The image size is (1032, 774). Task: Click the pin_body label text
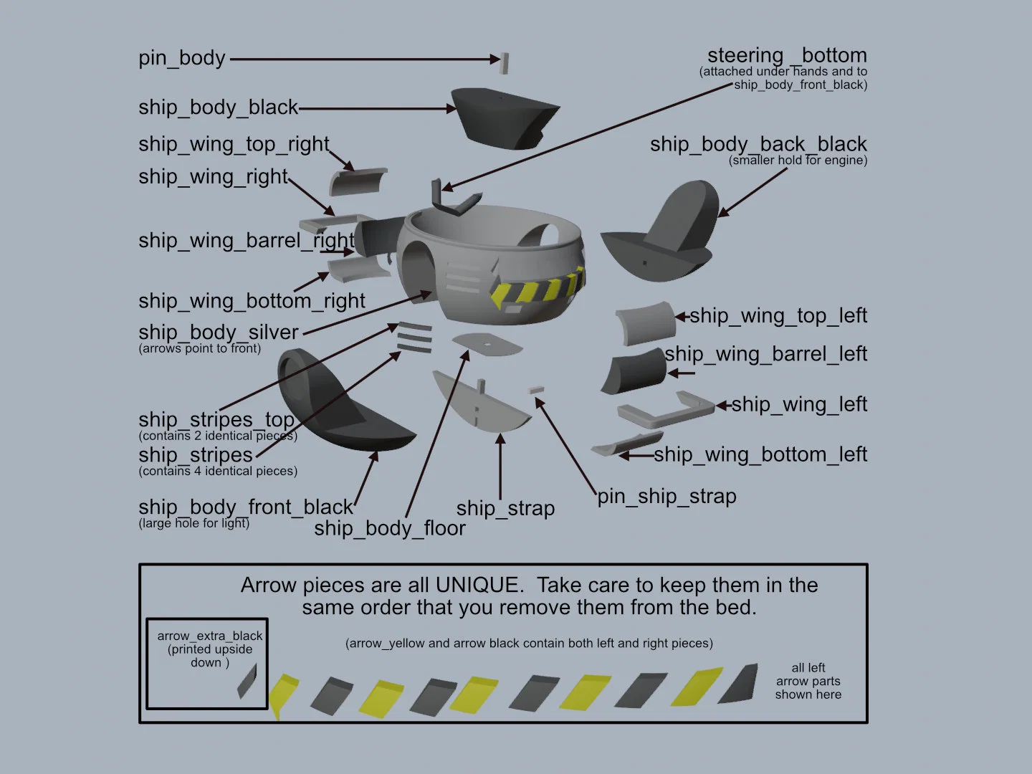click(x=181, y=58)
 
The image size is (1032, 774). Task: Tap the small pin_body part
click(x=504, y=64)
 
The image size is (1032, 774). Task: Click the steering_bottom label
click(x=787, y=55)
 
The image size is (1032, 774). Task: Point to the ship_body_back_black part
click(x=668, y=235)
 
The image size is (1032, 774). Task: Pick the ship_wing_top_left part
click(x=646, y=322)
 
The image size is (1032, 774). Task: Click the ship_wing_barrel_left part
click(x=635, y=371)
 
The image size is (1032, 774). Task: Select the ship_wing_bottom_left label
click(x=760, y=454)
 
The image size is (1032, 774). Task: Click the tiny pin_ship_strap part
click(x=536, y=390)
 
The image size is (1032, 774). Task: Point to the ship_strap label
click(x=505, y=509)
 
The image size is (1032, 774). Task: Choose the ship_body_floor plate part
click(x=487, y=345)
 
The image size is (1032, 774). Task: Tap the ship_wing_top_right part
click(x=358, y=181)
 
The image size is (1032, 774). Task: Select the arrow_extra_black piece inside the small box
click(x=247, y=681)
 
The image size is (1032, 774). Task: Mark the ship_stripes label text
click(x=196, y=455)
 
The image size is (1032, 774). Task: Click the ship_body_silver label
click(x=218, y=333)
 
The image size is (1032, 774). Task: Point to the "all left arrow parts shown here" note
click(x=808, y=681)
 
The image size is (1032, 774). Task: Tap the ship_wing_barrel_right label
click(x=247, y=241)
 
